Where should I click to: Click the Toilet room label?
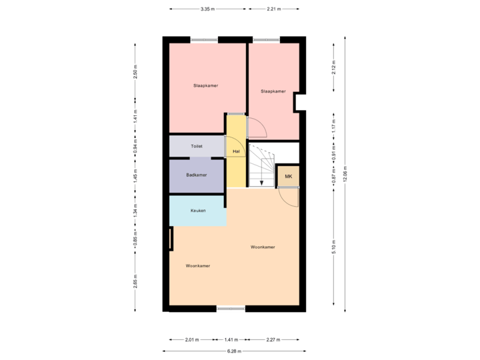196,145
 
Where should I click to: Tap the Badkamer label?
196,175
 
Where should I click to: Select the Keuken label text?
197,211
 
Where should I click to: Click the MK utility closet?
288,177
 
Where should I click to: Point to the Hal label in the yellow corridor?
235,152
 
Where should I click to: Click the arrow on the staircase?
261,182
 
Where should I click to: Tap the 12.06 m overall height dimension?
345,175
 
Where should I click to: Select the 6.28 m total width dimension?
234,351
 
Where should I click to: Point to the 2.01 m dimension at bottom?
191,340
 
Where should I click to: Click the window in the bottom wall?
231,308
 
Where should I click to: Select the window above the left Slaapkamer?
204,39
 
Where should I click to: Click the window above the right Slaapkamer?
266,39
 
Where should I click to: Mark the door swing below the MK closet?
288,197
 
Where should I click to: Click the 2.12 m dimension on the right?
334,67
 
